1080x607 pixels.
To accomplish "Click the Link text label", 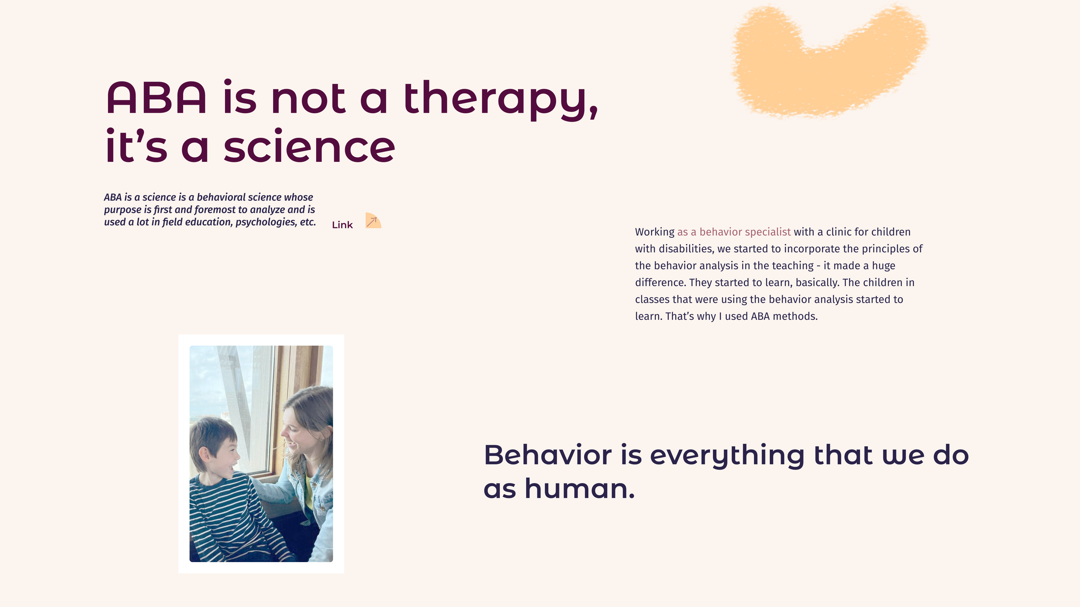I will (x=342, y=225).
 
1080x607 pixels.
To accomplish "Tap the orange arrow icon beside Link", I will (x=372, y=221).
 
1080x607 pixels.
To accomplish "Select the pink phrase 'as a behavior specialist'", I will (x=734, y=232).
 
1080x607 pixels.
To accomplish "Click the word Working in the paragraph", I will (x=654, y=232).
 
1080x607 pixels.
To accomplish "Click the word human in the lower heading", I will (x=579, y=489).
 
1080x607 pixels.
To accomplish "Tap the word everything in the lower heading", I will (x=727, y=455).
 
